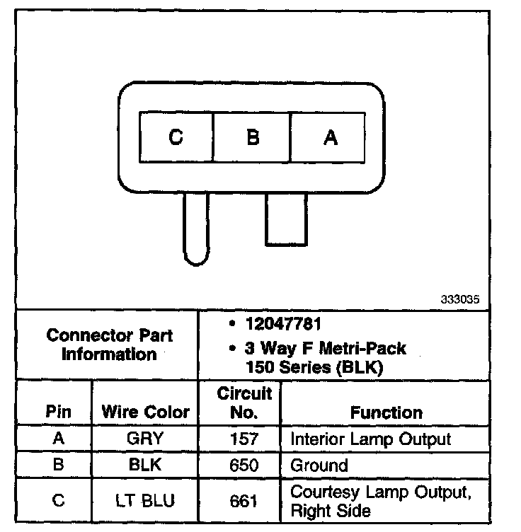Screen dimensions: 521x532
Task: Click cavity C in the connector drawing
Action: tap(176, 137)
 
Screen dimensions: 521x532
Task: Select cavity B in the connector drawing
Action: tap(253, 137)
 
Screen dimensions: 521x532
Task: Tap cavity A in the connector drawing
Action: tap(330, 137)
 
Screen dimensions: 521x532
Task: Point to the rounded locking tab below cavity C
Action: tap(195, 230)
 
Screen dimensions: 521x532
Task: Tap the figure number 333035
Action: tap(460, 299)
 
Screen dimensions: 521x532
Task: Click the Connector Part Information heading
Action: tap(109, 345)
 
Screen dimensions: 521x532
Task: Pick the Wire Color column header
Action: tap(146, 412)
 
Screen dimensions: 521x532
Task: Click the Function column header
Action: tap(386, 412)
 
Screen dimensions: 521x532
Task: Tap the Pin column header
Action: tap(58, 412)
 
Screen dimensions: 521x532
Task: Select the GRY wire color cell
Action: tap(145, 439)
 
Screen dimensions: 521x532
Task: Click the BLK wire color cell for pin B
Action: tap(147, 465)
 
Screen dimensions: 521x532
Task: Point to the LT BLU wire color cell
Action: tap(146, 500)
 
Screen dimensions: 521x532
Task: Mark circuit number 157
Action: tap(244, 439)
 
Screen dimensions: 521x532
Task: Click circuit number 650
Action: tap(244, 465)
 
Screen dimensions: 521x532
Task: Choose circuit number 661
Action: tap(244, 500)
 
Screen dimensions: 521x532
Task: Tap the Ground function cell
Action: tap(319, 465)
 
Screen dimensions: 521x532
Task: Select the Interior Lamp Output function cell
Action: tap(370, 439)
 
